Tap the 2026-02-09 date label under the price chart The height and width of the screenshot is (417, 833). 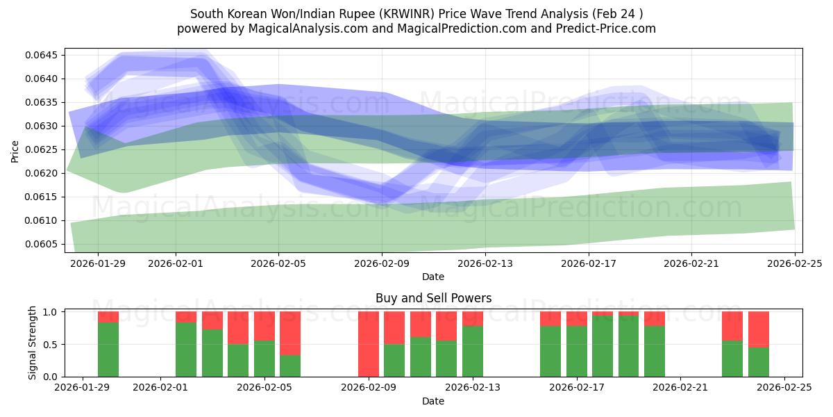click(382, 263)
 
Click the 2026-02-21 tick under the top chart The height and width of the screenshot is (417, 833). click(691, 263)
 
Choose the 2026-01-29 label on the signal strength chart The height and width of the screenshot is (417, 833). click(83, 388)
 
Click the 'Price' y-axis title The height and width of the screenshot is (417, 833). click(15, 151)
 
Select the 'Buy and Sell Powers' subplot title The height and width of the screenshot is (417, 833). click(433, 298)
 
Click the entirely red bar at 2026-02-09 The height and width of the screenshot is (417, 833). click(369, 344)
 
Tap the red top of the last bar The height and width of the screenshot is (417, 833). click(759, 329)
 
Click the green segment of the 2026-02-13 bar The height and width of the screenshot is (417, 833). click(473, 351)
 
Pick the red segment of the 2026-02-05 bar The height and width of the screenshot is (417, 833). click(264, 325)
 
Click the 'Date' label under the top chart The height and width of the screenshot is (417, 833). click(433, 277)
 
